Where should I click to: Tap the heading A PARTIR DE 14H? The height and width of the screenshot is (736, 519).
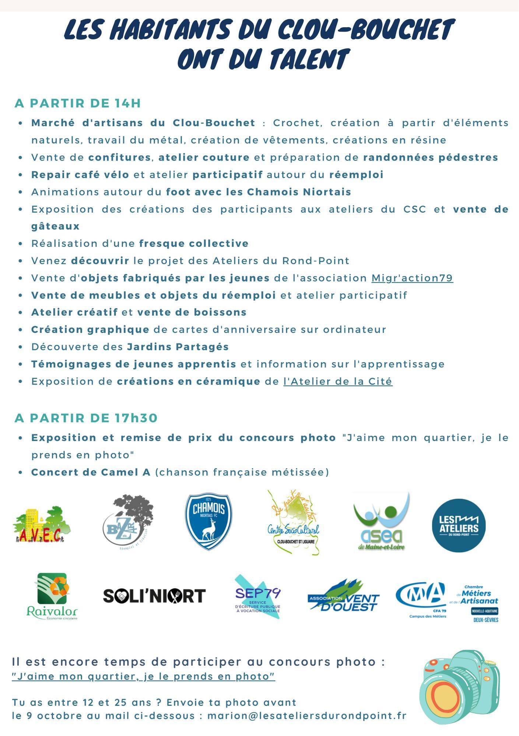[78, 103]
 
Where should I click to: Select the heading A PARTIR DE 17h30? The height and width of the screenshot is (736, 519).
[86, 418]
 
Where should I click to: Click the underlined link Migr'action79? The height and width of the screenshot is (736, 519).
[412, 278]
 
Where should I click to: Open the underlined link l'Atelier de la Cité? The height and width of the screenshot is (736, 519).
[338, 382]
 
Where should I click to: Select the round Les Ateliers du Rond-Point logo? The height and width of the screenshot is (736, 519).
[459, 525]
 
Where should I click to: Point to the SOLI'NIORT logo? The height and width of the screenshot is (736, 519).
[154, 596]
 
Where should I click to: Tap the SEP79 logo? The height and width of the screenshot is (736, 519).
[258, 596]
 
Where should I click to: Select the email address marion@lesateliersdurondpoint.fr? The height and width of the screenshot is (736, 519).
[307, 716]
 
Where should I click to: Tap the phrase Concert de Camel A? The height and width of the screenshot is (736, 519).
[91, 473]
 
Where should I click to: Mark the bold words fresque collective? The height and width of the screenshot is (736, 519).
[194, 244]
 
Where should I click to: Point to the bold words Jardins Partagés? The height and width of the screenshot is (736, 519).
[178, 347]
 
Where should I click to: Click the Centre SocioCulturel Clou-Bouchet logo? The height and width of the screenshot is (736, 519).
[294, 523]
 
